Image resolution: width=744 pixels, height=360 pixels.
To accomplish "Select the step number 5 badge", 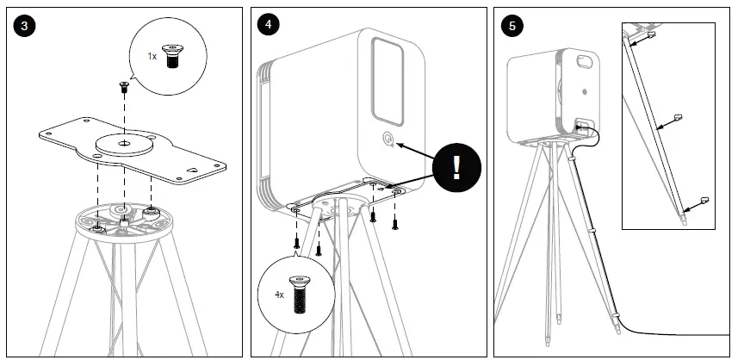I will pyautogui.click(x=513, y=25).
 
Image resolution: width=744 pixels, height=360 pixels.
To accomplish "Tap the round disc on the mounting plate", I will pyautogui.click(x=125, y=142).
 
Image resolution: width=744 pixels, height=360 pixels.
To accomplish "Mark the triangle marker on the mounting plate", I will pyautogui.click(x=194, y=170).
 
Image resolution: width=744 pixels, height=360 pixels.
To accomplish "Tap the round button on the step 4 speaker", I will pyautogui.click(x=387, y=140).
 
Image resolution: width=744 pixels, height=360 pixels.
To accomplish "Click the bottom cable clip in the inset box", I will pyautogui.click(x=703, y=200).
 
